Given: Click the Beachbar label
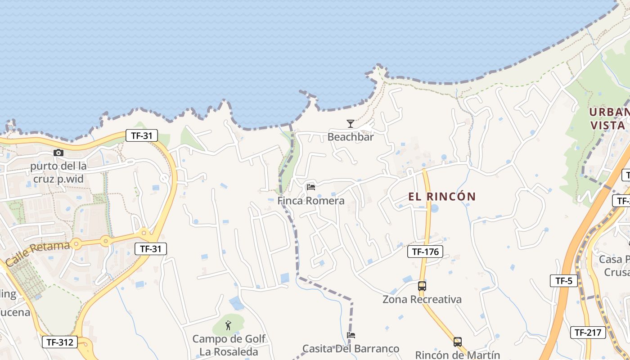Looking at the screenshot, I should pyautogui.click(x=351, y=137).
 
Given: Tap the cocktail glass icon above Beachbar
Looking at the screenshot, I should pyautogui.click(x=351, y=124).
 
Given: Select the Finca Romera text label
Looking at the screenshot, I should pyautogui.click(x=311, y=201).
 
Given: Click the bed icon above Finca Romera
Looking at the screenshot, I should pyautogui.click(x=311, y=187).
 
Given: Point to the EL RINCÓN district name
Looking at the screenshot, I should pyautogui.click(x=442, y=197).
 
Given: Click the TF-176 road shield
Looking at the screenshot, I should pyautogui.click(x=425, y=252).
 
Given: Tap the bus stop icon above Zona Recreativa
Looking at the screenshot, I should pyautogui.click(x=422, y=286).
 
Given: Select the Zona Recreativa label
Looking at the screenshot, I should pyautogui.click(x=422, y=299).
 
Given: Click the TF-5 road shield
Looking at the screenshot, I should pyautogui.click(x=564, y=281).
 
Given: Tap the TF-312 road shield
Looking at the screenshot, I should pyautogui.click(x=60, y=342).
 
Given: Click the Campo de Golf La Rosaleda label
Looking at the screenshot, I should pyautogui.click(x=229, y=345).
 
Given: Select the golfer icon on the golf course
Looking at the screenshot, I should pyautogui.click(x=229, y=324).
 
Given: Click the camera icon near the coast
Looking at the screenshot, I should pyautogui.click(x=58, y=153).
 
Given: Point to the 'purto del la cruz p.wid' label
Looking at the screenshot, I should pyautogui.click(x=58, y=172).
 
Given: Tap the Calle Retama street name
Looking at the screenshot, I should pyautogui.click(x=38, y=253).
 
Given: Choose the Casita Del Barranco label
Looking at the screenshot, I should pyautogui.click(x=351, y=349).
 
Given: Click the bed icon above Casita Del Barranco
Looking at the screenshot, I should pyautogui.click(x=351, y=335).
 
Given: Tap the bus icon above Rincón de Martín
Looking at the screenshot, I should pyautogui.click(x=458, y=342).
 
